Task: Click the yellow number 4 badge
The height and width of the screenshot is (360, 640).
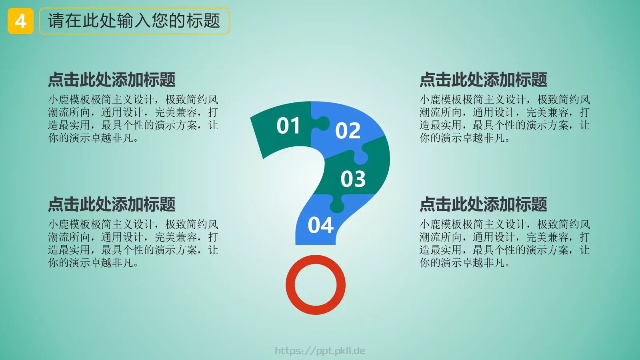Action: click(20, 21)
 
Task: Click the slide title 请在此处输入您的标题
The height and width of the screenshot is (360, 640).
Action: click(134, 21)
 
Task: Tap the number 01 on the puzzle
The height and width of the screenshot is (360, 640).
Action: click(288, 126)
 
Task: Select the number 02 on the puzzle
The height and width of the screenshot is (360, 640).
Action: click(348, 131)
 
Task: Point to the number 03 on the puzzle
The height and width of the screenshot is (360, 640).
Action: click(353, 179)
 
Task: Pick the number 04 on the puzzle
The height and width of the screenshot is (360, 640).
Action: click(320, 225)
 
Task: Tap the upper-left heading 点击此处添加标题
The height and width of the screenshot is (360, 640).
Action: click(112, 80)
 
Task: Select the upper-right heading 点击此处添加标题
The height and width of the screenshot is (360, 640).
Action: click(483, 80)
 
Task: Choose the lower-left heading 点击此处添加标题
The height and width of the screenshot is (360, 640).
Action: click(112, 204)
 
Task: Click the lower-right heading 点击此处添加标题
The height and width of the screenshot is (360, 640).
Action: click(483, 204)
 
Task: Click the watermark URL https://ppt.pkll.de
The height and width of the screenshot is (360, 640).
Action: click(320, 351)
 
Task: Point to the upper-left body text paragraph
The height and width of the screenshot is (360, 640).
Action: click(133, 118)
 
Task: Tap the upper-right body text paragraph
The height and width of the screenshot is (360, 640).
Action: click(504, 118)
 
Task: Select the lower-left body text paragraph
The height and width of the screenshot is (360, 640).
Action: click(133, 243)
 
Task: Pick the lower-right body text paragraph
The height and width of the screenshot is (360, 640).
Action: click(504, 243)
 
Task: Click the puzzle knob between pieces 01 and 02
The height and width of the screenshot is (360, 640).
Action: click(321, 123)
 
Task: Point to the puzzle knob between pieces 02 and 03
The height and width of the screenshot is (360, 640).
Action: click(360, 157)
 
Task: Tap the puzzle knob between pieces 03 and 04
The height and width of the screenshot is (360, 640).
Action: click(337, 204)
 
